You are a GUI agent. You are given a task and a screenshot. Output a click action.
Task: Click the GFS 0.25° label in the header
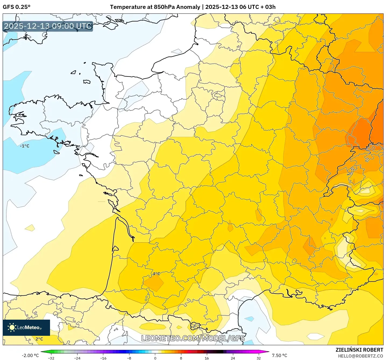coord(16,7)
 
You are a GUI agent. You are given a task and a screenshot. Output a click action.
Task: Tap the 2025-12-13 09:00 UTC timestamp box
coord(48,26)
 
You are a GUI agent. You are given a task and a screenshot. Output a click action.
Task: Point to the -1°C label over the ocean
coord(25,146)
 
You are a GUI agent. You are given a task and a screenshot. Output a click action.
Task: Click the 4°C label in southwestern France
coord(156,274)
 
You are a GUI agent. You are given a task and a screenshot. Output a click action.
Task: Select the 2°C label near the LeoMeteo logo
coord(39,339)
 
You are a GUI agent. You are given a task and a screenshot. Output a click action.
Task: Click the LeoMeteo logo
coord(26,327)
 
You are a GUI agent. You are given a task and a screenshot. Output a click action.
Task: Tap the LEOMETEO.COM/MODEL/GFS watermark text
coord(193,338)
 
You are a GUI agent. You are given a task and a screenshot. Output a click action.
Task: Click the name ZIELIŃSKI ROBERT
coord(359,350)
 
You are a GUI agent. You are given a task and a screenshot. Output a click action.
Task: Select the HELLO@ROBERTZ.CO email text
coord(360,356)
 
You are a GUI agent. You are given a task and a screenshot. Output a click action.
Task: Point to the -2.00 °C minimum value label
coord(30,355)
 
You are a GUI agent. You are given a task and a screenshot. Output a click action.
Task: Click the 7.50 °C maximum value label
coord(279,355)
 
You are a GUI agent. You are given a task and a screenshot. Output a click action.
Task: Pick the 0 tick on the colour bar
coord(155,358)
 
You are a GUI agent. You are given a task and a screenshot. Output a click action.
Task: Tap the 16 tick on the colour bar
coord(207,358)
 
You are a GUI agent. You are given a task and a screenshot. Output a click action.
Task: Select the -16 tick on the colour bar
coord(103,358)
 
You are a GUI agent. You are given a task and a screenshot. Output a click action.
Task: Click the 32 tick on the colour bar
coord(258,358)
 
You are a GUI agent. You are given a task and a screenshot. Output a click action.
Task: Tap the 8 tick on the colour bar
coord(181,358)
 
